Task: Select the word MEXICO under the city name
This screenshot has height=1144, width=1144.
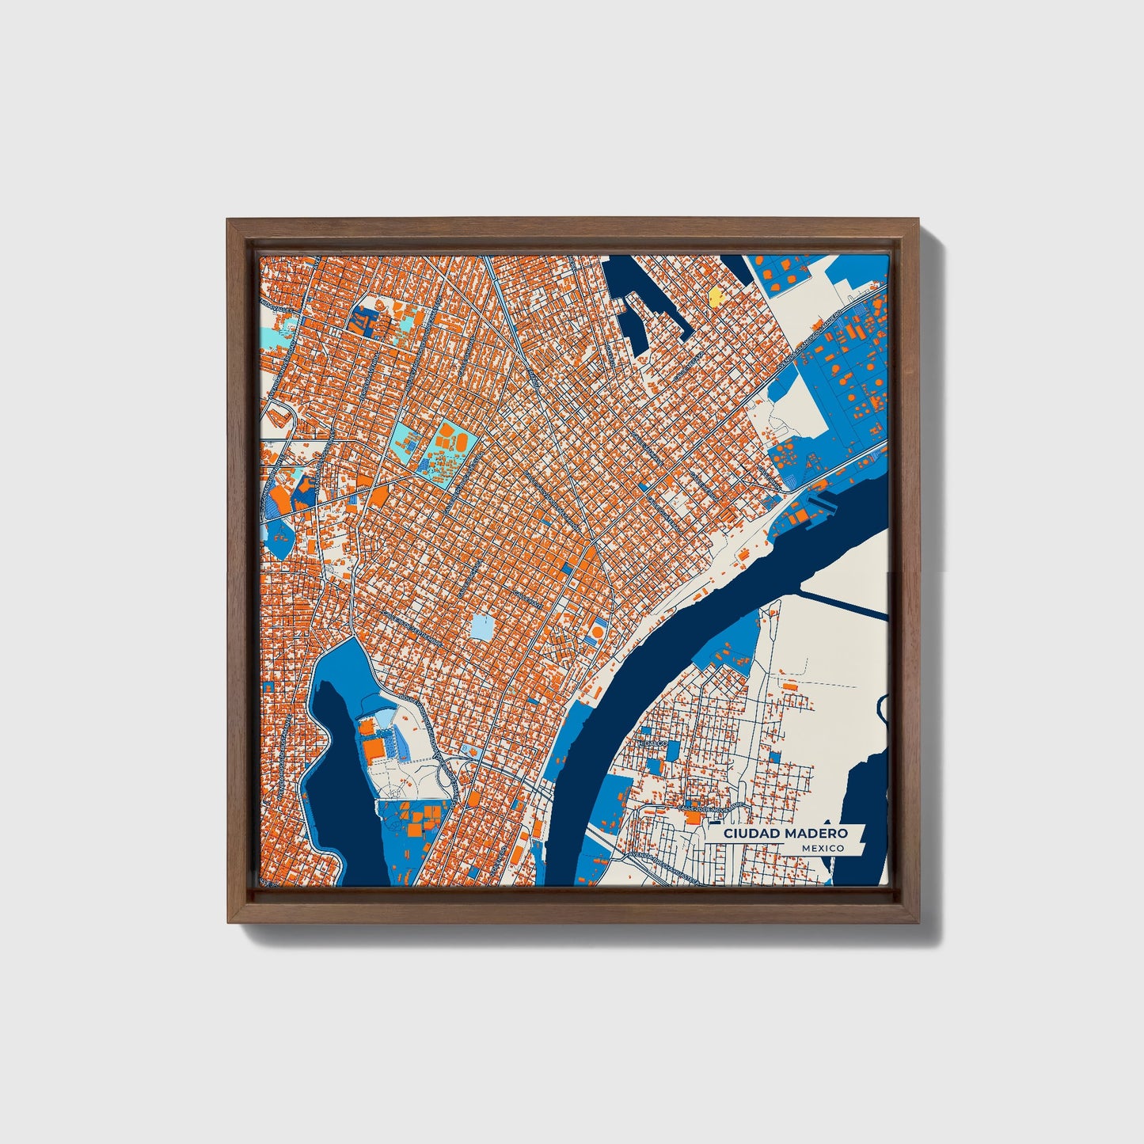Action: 822,848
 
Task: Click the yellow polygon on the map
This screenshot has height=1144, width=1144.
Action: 715,297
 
